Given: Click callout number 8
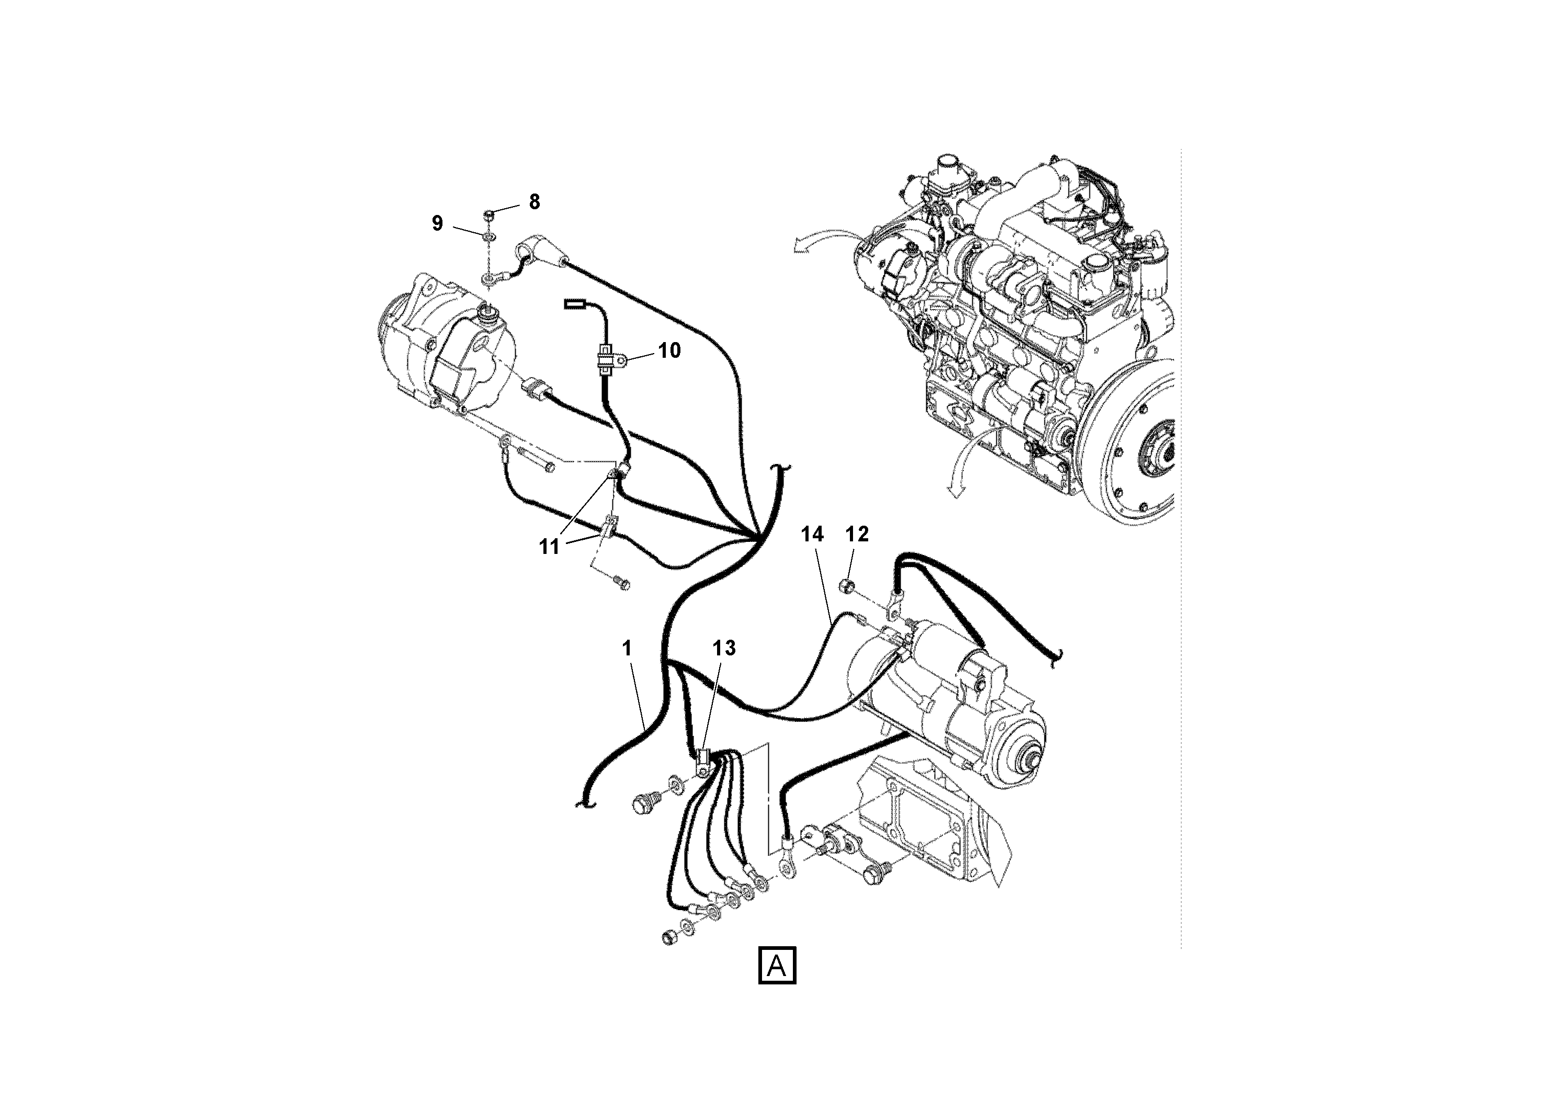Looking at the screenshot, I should (535, 201).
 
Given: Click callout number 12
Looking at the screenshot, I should (857, 535).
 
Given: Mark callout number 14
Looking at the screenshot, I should (812, 535).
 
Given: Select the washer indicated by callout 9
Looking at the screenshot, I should (488, 235).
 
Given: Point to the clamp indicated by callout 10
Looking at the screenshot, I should (606, 359).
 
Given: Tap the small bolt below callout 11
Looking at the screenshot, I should (621, 583).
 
